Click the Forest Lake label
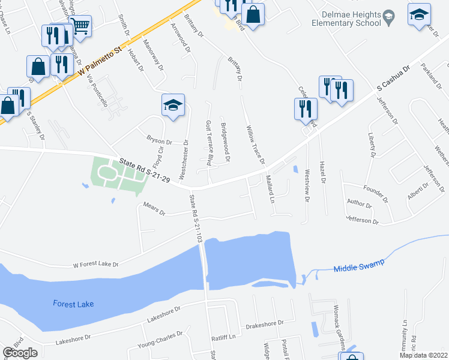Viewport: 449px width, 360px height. click(73, 304)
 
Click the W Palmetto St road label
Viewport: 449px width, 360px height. click(100, 61)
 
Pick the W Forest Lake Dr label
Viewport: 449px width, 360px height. click(95, 263)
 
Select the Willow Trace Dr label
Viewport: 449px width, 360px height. click(255, 145)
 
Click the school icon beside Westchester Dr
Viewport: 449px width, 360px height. click(173, 106)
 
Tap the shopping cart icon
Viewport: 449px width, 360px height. click(80, 26)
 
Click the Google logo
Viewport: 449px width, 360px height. click(20, 352)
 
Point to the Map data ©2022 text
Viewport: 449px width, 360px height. click(424, 355)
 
